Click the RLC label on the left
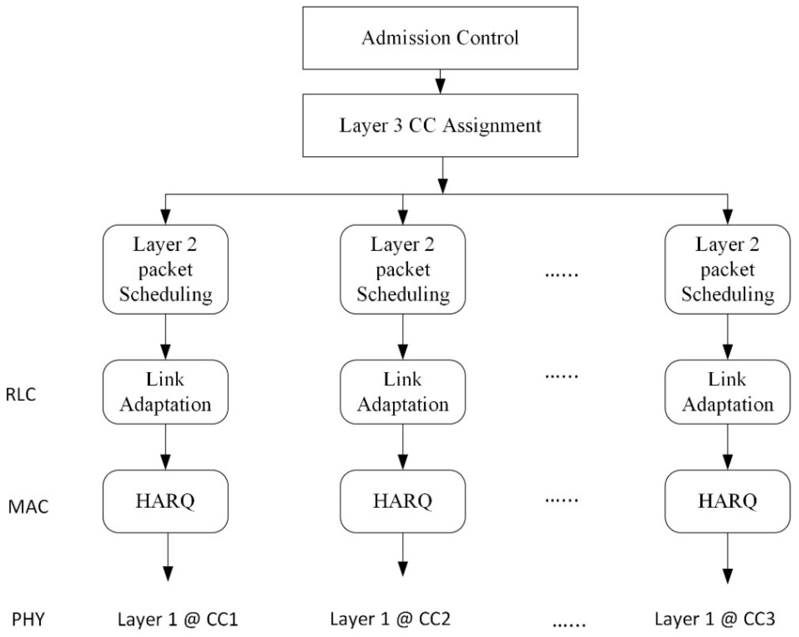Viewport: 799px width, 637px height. pos(21,395)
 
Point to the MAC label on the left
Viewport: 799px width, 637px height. pos(28,507)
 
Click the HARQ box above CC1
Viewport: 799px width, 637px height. pos(165,501)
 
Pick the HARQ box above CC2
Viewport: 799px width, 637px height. pos(403,501)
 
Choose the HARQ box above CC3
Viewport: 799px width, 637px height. pos(727,501)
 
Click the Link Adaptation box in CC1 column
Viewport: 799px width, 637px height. pos(165,392)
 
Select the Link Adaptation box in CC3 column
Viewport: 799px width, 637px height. pos(727,392)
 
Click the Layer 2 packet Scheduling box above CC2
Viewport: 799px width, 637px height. pos(403,270)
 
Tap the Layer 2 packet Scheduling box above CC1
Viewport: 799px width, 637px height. pos(165,270)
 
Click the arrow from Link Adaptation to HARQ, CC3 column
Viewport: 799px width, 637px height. pos(727,447)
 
